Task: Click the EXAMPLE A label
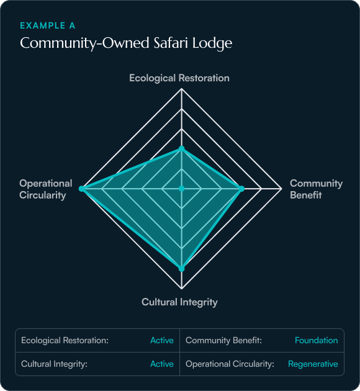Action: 48,25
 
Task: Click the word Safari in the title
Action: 171,43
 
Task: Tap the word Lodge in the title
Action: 212,43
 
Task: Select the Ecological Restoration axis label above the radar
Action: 179,78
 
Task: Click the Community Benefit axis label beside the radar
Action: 316,189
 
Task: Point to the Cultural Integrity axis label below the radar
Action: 179,302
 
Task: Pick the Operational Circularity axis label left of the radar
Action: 46,189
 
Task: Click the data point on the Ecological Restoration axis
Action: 182,149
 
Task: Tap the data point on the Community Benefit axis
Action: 241,189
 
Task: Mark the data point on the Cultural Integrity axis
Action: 182,269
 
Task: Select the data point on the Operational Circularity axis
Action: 81,189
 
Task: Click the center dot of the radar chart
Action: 182,189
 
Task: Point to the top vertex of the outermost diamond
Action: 182,89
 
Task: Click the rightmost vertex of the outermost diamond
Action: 282,189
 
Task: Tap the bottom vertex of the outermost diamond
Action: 182,289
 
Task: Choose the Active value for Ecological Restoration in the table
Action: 162,340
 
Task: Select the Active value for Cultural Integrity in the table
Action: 162,364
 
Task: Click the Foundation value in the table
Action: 317,340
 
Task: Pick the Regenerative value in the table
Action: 313,364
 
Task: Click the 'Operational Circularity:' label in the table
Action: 230,364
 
